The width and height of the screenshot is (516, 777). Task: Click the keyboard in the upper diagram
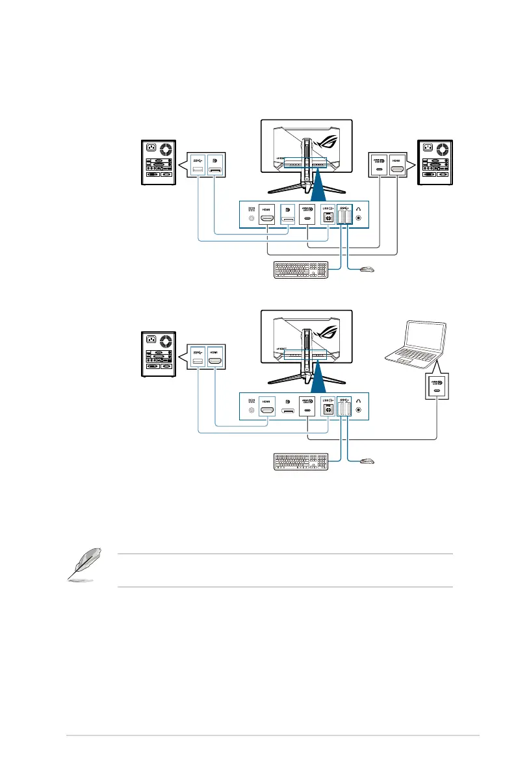(x=300, y=269)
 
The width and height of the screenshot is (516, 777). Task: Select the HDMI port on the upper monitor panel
(x=266, y=218)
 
